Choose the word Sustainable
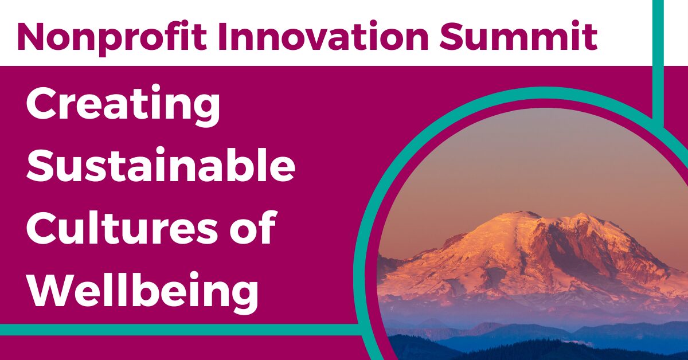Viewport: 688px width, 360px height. click(x=161, y=166)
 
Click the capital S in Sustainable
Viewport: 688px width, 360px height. click(x=40, y=166)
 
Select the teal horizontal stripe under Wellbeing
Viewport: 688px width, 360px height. click(x=172, y=330)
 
